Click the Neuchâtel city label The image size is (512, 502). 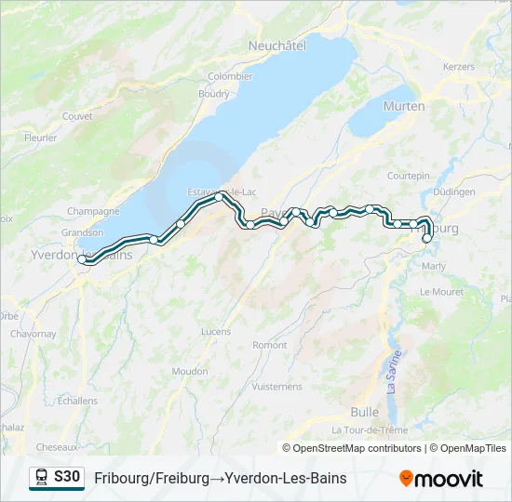click(x=276, y=45)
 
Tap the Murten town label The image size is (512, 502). click(x=404, y=106)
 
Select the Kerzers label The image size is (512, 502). click(x=459, y=67)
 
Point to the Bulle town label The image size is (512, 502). click(x=364, y=411)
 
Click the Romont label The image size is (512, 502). click(x=270, y=345)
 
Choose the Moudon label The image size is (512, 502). click(x=190, y=371)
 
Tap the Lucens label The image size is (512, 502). click(x=215, y=331)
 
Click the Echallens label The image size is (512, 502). click(x=77, y=401)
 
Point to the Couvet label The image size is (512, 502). click(x=77, y=116)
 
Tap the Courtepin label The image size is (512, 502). click(x=409, y=176)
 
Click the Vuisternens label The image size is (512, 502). click(x=277, y=386)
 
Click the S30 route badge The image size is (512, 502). click(x=67, y=477)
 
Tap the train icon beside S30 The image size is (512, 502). click(x=41, y=478)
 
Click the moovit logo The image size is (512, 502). click(x=441, y=479)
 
